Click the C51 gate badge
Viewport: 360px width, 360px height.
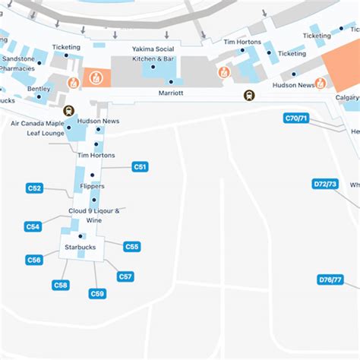coord(140,166)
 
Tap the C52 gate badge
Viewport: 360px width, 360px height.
coord(34,188)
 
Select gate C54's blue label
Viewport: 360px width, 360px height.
coord(33,226)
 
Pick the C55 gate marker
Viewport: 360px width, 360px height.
coord(132,246)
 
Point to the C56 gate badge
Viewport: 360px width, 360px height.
coord(34,260)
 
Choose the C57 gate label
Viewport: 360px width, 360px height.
coord(125,276)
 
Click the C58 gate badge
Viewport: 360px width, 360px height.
coord(61,285)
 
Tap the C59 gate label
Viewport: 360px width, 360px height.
coord(97,293)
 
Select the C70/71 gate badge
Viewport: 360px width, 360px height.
coord(295,118)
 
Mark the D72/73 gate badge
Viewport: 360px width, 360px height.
coord(325,184)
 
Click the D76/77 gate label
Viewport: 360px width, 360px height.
coord(330,279)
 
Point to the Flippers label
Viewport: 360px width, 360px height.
coord(92,186)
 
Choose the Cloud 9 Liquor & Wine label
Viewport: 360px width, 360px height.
coord(94,216)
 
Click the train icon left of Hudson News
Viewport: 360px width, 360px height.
coord(69,109)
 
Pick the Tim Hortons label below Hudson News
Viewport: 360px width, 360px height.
coord(96,155)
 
